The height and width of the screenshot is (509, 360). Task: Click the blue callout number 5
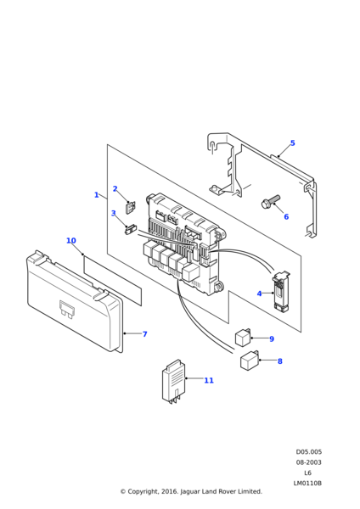[x=292, y=143]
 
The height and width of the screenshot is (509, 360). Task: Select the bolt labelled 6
[x=270, y=202]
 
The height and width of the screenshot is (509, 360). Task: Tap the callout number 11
[x=209, y=380]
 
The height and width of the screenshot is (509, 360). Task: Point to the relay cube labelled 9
[x=243, y=338]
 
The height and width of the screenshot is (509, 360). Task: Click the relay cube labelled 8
[x=250, y=361]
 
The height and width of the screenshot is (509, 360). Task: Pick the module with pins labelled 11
[x=174, y=382]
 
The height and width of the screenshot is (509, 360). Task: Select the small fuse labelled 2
[x=130, y=208]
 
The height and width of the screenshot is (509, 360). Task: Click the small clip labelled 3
[x=131, y=229]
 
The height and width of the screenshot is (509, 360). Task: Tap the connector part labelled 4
[x=280, y=292]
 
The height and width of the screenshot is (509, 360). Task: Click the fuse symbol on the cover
[x=66, y=309]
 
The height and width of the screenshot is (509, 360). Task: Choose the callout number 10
[x=71, y=241]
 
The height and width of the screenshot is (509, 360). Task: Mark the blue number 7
[x=145, y=334]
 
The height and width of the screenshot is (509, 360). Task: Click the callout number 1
[x=96, y=195]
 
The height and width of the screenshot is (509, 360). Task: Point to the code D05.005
[x=309, y=451]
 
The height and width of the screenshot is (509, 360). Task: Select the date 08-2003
[x=308, y=462]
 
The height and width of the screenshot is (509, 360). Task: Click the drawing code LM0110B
[x=307, y=483]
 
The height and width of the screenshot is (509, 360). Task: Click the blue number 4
[x=259, y=294]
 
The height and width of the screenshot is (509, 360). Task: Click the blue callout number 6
[x=286, y=216]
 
